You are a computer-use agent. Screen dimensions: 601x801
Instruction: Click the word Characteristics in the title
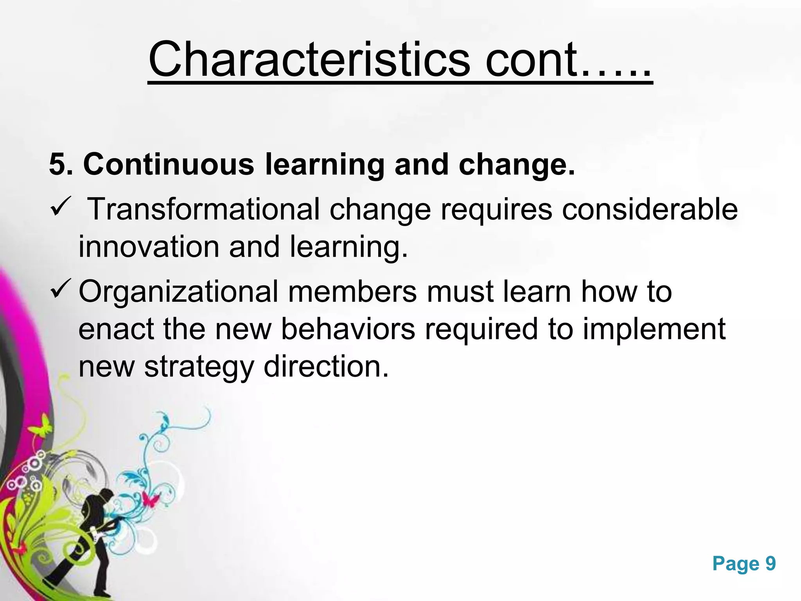click(x=309, y=59)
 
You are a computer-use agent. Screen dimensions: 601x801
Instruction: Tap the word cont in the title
click(x=531, y=59)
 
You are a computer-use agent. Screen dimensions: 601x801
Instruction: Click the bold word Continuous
click(x=169, y=164)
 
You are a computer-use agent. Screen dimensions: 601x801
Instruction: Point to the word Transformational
click(x=205, y=209)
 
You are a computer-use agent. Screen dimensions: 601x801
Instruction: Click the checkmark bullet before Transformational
click(x=59, y=206)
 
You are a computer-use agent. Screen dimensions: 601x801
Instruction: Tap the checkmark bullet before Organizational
click(x=60, y=289)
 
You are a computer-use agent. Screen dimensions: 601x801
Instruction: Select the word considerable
click(x=650, y=209)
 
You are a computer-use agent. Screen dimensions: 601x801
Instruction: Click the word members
click(x=352, y=292)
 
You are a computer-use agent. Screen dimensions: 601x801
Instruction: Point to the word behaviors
click(x=348, y=329)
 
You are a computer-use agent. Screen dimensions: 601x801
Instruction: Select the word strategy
click(x=199, y=367)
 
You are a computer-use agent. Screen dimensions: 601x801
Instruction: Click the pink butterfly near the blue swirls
click(x=151, y=499)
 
